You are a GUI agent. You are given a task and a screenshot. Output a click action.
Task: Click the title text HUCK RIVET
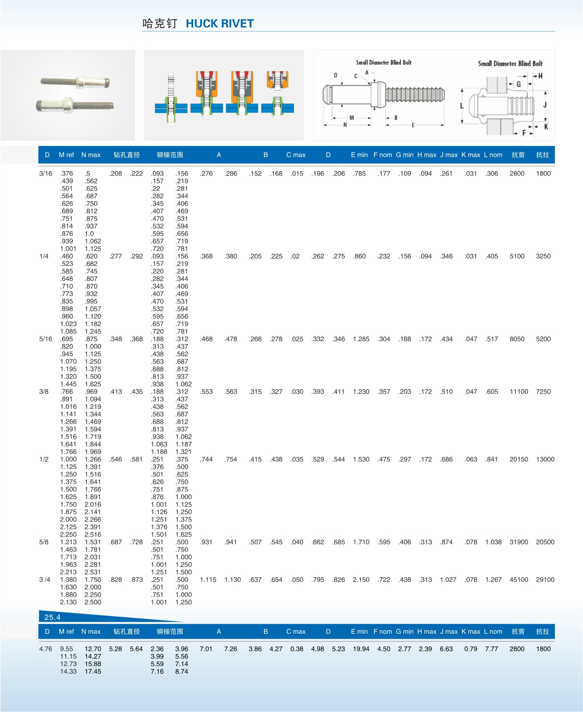(220, 24)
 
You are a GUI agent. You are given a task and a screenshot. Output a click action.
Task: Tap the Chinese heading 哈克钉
(160, 24)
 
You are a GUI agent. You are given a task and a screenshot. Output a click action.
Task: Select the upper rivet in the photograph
(75, 82)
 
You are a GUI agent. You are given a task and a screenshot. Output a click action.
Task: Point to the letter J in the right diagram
(545, 104)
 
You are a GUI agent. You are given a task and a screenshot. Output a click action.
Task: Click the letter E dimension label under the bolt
(413, 125)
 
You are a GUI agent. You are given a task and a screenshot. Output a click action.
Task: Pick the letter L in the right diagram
(462, 106)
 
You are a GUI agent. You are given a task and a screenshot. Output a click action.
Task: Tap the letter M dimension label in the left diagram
(351, 118)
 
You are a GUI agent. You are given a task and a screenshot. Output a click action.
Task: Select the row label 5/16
(46, 339)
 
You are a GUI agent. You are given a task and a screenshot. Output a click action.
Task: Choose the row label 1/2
(44, 459)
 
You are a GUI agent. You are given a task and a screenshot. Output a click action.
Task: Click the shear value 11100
(519, 391)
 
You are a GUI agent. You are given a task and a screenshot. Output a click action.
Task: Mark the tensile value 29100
(545, 580)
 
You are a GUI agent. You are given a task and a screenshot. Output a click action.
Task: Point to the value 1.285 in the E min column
(361, 339)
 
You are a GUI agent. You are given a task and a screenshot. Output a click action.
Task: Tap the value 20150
(519, 459)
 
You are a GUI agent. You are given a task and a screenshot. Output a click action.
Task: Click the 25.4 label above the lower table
(52, 617)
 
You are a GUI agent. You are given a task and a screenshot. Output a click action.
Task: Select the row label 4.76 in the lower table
(46, 649)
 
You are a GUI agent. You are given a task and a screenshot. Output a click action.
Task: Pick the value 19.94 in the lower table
(361, 649)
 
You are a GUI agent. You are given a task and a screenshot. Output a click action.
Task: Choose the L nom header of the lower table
(493, 631)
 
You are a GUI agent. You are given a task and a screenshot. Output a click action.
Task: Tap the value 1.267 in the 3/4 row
(493, 580)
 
